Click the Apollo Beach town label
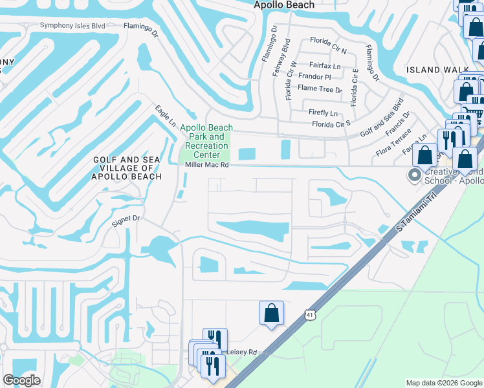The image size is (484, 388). [x=284, y=5]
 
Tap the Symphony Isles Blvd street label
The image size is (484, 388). [x=72, y=26]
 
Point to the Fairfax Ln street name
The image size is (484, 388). [x=324, y=65]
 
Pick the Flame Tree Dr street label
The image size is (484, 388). [x=320, y=89]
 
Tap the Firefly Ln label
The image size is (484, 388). [x=324, y=112]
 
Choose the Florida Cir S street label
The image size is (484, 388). [x=331, y=124]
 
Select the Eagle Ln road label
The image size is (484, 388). [x=165, y=116]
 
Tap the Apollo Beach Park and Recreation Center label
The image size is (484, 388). [x=206, y=141]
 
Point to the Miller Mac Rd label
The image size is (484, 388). [x=207, y=165]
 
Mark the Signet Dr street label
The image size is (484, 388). [x=126, y=219]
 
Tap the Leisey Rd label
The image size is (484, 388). [x=242, y=352]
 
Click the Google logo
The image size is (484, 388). [x=22, y=380]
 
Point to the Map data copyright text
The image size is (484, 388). [x=443, y=383]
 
